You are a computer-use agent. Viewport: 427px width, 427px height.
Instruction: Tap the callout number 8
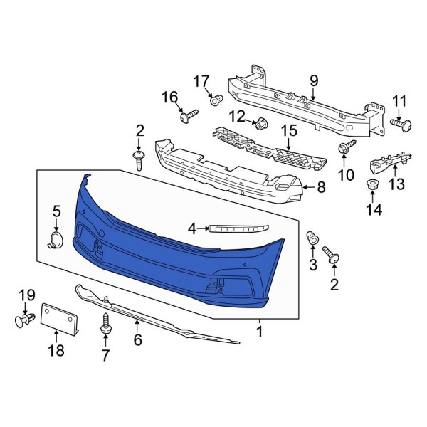click(x=320, y=189)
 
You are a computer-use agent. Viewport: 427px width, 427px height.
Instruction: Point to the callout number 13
click(x=396, y=184)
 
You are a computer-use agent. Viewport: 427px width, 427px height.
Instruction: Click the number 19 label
click(x=26, y=295)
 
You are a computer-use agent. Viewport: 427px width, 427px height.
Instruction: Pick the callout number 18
click(x=55, y=350)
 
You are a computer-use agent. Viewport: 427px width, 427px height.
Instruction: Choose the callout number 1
click(x=260, y=331)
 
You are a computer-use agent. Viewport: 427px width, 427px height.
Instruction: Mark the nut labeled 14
click(x=371, y=186)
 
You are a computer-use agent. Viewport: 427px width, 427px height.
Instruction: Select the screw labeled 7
click(x=107, y=324)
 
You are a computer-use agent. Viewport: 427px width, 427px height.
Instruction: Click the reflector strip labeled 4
click(x=238, y=228)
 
